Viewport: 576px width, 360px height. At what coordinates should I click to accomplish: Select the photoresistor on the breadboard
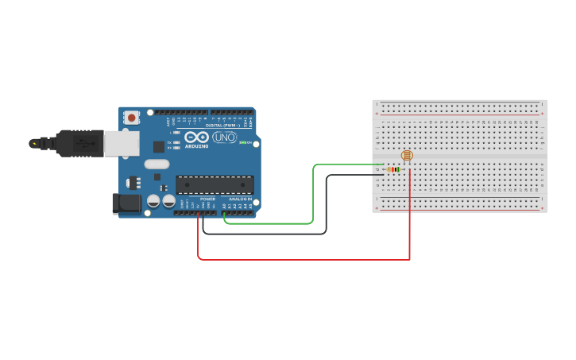click(407, 156)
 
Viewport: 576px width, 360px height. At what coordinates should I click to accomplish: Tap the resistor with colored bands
click(393, 169)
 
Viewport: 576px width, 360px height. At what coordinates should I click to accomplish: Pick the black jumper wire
click(326, 207)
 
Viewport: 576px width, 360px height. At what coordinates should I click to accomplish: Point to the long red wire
click(302, 259)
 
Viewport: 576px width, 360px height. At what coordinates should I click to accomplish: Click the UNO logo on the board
click(224, 138)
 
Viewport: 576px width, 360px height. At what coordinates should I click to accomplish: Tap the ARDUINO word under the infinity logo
click(196, 146)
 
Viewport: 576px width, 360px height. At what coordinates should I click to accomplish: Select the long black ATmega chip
click(215, 184)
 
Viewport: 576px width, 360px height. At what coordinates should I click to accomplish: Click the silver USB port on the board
click(122, 143)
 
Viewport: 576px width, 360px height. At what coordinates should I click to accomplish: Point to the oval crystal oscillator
click(157, 165)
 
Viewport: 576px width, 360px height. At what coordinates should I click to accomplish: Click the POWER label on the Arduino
click(208, 199)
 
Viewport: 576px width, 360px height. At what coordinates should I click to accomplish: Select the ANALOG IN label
click(240, 199)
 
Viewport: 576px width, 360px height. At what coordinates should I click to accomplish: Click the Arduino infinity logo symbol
click(196, 137)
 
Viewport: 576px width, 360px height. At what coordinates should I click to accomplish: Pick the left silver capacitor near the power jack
click(153, 202)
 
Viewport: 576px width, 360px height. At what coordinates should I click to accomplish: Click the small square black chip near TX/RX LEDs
click(159, 146)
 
